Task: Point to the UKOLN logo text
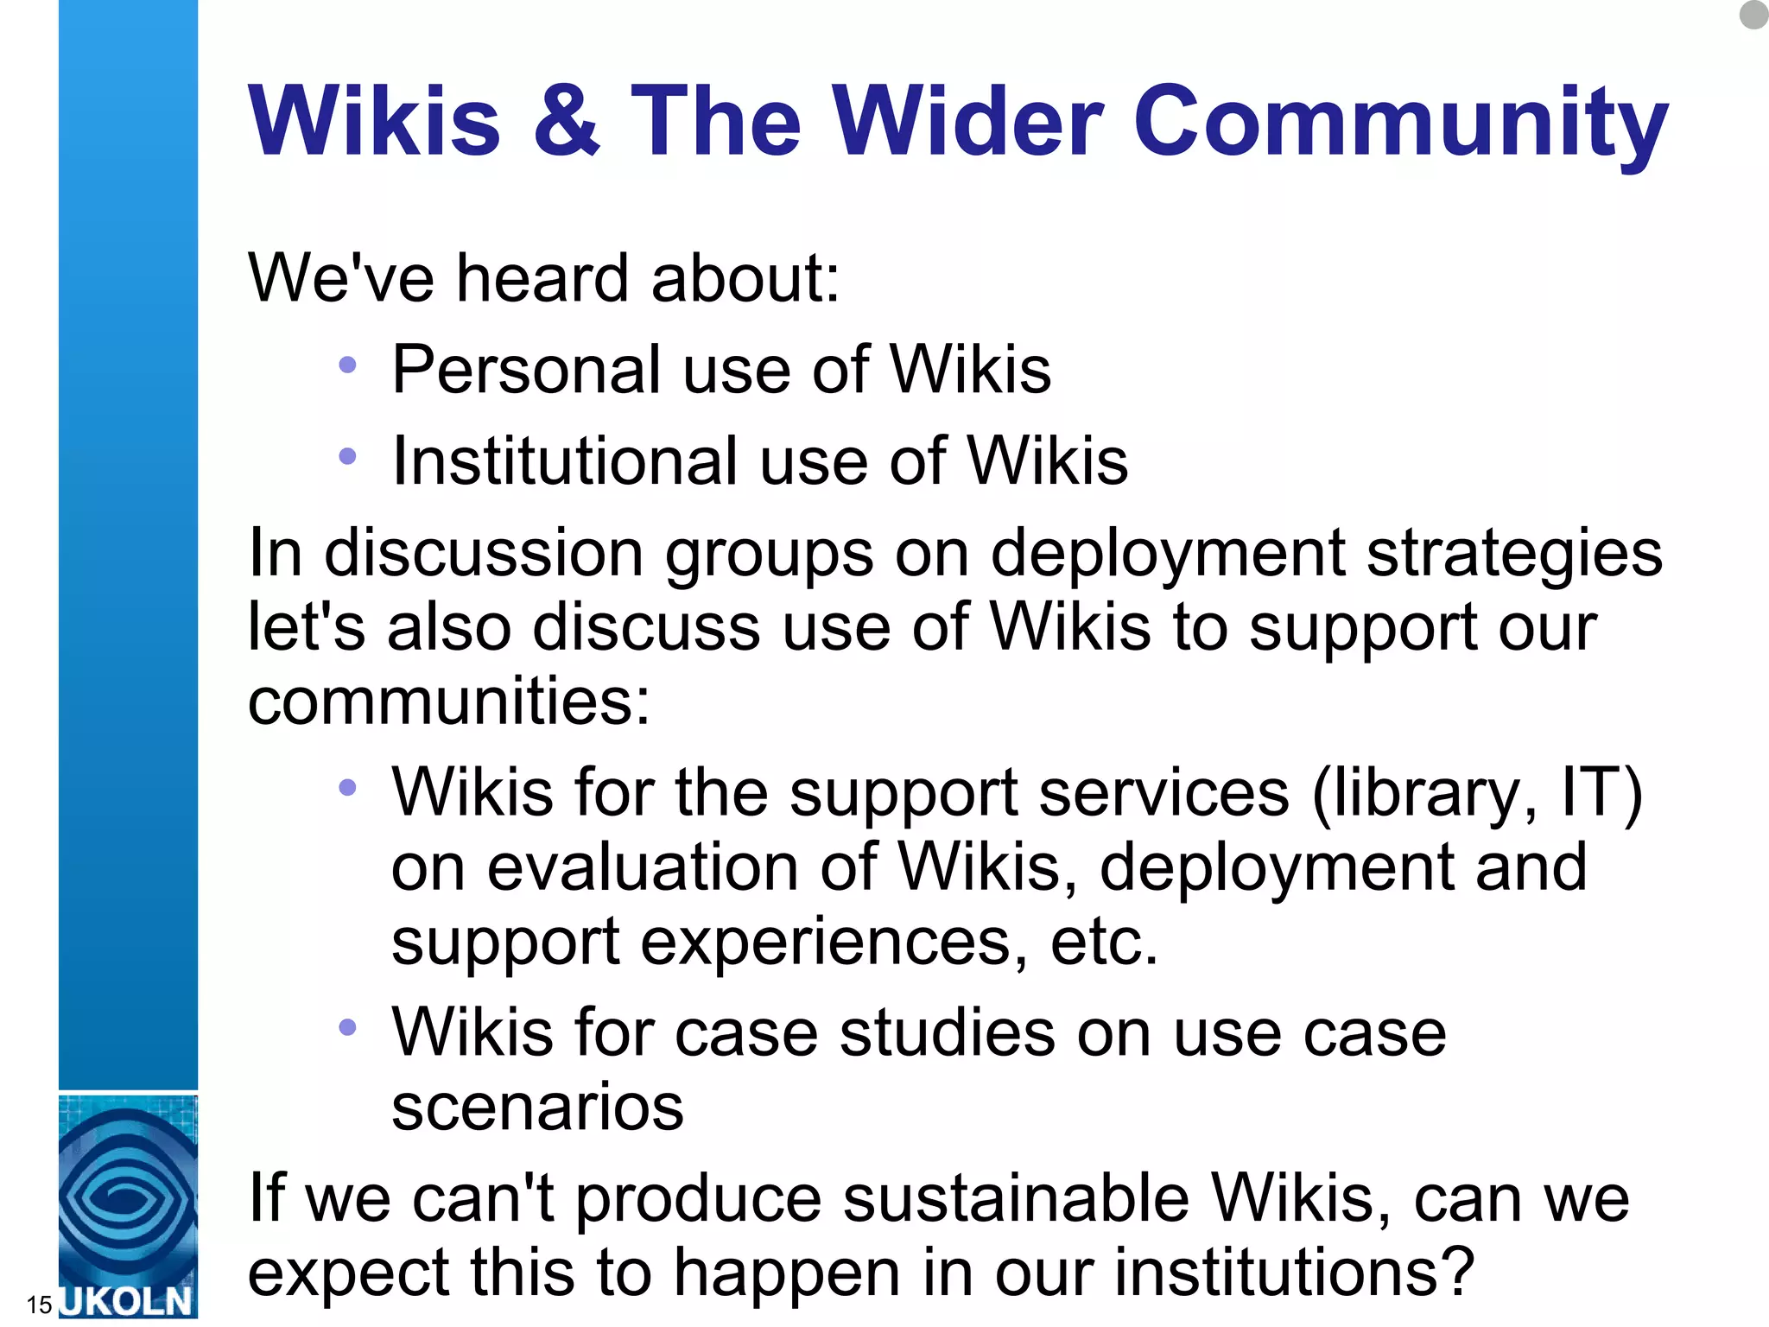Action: tap(128, 1301)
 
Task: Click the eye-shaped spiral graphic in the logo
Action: tap(128, 1197)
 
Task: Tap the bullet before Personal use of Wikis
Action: tap(347, 365)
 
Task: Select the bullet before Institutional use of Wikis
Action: tap(347, 456)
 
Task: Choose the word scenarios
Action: tap(537, 1107)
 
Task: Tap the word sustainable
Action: tap(1016, 1198)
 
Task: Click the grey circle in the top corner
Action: tap(1754, 14)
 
